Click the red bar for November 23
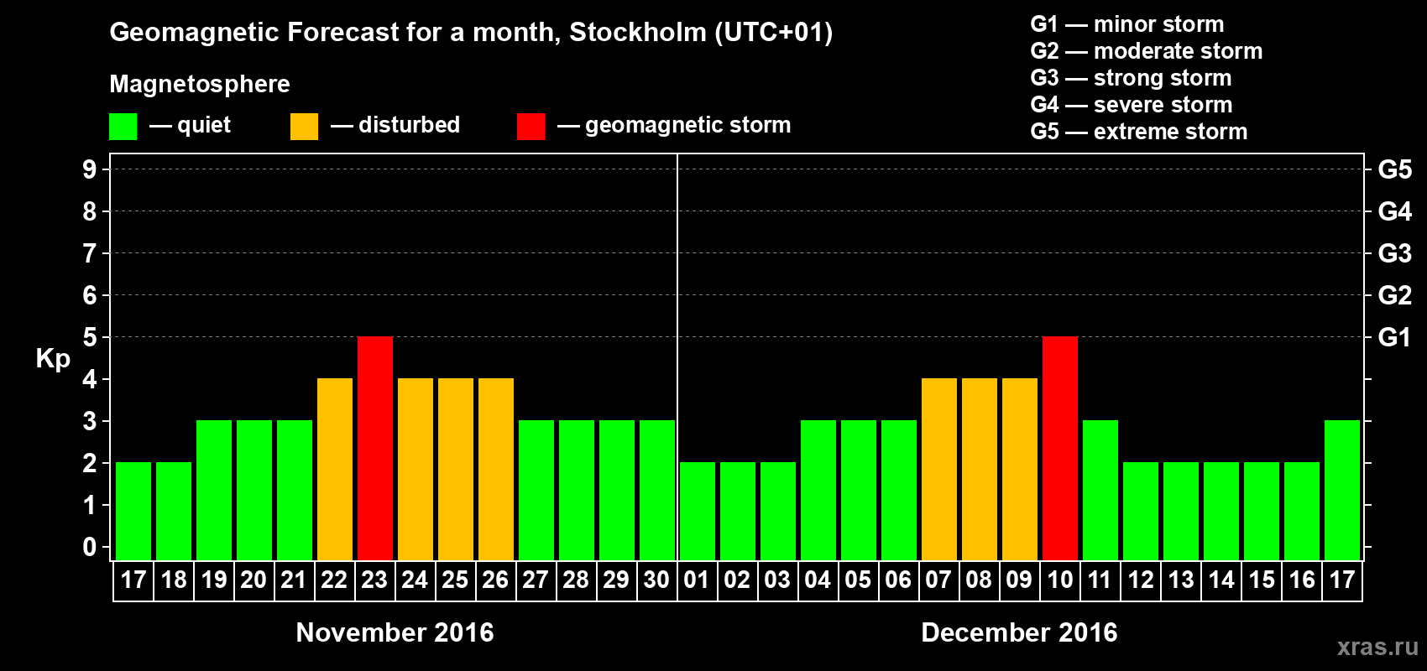pyautogui.click(x=375, y=449)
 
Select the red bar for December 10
pyautogui.click(x=1060, y=449)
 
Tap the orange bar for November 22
pyautogui.click(x=335, y=470)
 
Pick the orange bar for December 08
pyautogui.click(x=980, y=470)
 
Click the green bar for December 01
pyautogui.click(x=698, y=512)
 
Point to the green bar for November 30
pyautogui.click(x=657, y=491)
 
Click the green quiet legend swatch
pyautogui.click(x=123, y=127)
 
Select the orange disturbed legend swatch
pyautogui.click(x=304, y=127)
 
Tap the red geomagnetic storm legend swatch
pyautogui.click(x=531, y=127)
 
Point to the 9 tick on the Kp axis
pyautogui.click(x=90, y=169)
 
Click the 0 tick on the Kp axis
pyautogui.click(x=90, y=548)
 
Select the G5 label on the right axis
pyautogui.click(x=1394, y=169)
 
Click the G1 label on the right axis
pyautogui.click(x=1394, y=337)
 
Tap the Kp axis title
pyautogui.click(x=53, y=359)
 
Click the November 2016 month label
pyautogui.click(x=395, y=632)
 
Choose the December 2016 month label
pyautogui.click(x=1019, y=632)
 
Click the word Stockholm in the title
pyautogui.click(x=638, y=33)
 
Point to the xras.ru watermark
pyautogui.click(x=1377, y=647)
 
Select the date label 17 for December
pyautogui.click(x=1342, y=580)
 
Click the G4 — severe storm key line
pyautogui.click(x=1131, y=105)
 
